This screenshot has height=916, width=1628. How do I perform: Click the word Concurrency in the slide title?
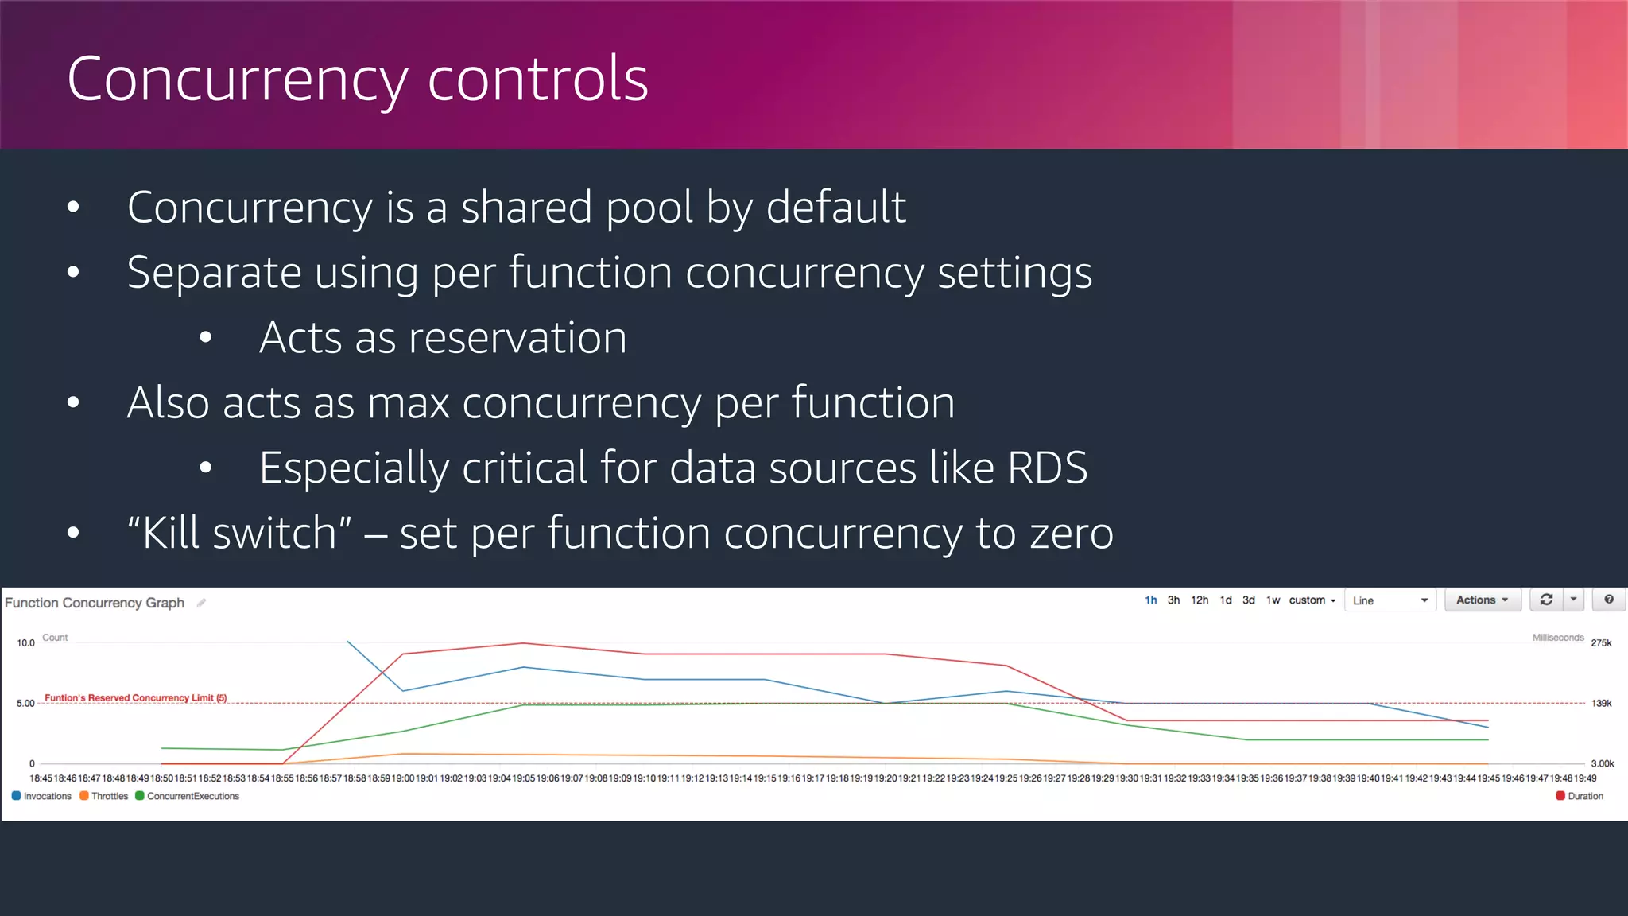coord(237,80)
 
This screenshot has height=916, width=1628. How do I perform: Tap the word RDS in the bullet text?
coord(1047,468)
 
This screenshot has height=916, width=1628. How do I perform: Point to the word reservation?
coord(443,338)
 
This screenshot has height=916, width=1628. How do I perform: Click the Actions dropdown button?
coord(1482,600)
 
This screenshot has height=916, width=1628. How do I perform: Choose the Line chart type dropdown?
coord(1390,600)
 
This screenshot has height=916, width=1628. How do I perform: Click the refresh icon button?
coord(1546,600)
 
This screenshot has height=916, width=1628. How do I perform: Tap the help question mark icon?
coord(1609,600)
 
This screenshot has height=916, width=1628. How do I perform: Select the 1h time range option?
coord(1150,600)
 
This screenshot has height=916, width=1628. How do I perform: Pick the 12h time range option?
coord(1199,600)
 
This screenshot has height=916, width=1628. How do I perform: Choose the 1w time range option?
coord(1273,600)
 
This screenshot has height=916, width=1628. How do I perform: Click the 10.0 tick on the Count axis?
coord(26,643)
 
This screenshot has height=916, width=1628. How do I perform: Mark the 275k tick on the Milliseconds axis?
coord(1601,643)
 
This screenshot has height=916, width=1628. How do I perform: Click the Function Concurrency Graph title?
coord(95,603)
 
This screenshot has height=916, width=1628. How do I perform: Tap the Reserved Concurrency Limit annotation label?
coord(135,698)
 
